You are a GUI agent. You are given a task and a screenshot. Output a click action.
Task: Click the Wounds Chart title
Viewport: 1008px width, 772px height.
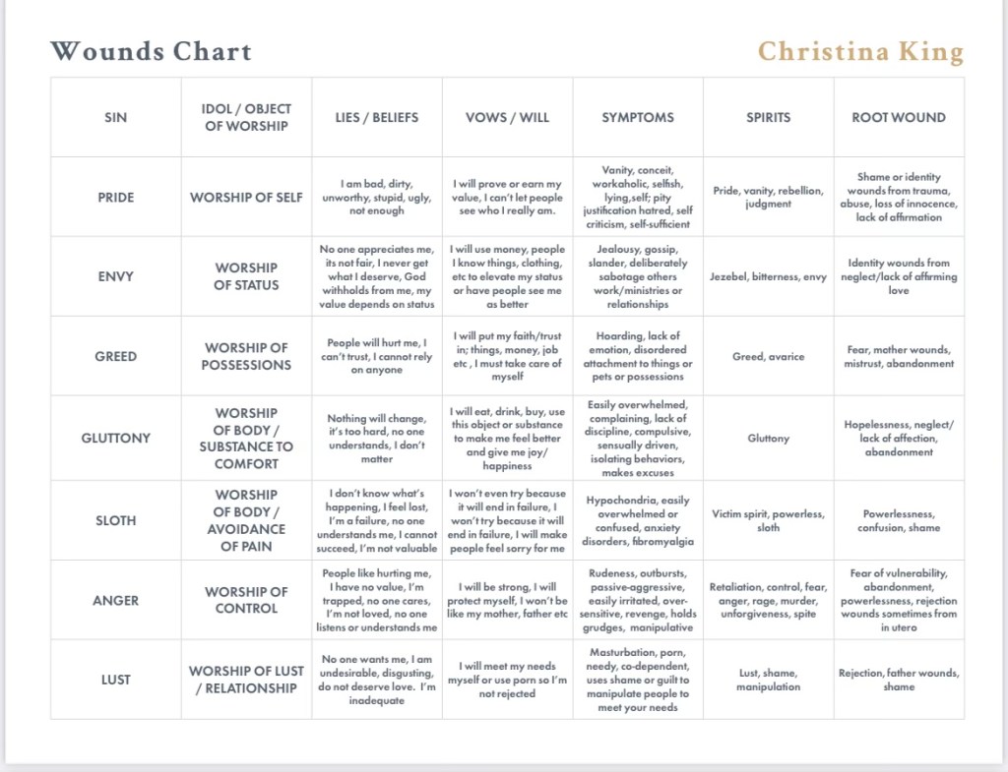click(151, 51)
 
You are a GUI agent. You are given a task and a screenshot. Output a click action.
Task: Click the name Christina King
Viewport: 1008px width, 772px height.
click(860, 51)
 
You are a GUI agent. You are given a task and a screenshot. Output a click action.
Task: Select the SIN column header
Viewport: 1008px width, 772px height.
click(115, 117)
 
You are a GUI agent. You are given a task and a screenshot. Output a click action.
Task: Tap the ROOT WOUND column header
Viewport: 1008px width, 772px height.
click(898, 117)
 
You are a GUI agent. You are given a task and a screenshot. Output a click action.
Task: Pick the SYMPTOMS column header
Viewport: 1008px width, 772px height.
click(638, 117)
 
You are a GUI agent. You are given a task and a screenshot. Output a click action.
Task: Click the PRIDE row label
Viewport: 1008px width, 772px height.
click(115, 197)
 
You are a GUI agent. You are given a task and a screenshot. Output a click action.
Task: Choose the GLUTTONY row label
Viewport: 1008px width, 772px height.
click(115, 438)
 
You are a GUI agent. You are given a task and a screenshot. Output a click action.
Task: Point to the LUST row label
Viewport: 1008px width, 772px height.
click(115, 680)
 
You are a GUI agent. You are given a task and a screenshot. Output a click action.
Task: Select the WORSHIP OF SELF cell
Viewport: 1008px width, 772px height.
click(246, 197)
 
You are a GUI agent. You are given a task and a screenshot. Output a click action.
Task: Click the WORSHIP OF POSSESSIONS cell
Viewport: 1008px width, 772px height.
click(246, 356)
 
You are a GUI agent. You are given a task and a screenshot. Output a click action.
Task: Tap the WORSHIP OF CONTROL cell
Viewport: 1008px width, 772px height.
click(246, 600)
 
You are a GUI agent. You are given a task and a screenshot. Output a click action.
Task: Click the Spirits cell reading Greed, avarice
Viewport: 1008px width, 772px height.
click(768, 356)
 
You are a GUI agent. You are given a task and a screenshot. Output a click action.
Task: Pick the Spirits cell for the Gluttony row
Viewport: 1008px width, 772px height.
click(768, 438)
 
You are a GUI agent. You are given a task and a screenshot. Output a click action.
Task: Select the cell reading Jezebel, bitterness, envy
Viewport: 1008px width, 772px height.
click(768, 276)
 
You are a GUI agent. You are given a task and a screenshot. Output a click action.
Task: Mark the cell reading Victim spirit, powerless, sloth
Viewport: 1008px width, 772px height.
click(768, 520)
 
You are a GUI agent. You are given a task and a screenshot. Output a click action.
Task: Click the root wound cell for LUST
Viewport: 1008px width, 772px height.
click(898, 680)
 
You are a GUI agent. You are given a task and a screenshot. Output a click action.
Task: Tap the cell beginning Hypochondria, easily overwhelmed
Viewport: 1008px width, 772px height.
click(638, 520)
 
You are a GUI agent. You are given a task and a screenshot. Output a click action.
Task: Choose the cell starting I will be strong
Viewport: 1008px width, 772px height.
click(507, 600)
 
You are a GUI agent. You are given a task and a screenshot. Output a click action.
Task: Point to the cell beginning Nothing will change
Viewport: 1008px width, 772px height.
click(376, 438)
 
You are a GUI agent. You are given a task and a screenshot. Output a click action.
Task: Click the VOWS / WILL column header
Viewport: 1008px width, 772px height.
click(507, 117)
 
